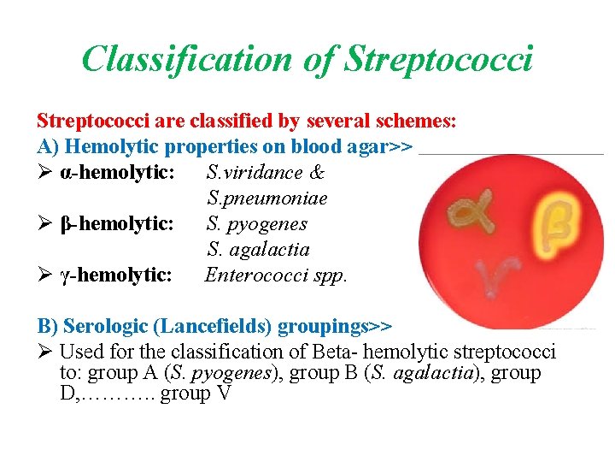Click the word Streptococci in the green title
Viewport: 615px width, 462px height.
pyautogui.click(x=438, y=59)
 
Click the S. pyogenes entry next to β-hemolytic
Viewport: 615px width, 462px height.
pyautogui.click(x=257, y=224)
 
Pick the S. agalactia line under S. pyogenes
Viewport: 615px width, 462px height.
pyautogui.click(x=258, y=250)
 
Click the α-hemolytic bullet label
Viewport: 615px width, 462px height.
pyautogui.click(x=118, y=173)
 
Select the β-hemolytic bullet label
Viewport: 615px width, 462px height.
pyautogui.click(x=118, y=224)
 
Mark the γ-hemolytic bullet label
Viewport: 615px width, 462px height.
pyautogui.click(x=117, y=275)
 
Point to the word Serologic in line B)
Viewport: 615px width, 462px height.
pyautogui.click(x=102, y=326)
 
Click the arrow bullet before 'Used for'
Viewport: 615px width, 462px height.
pyautogui.click(x=45, y=352)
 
